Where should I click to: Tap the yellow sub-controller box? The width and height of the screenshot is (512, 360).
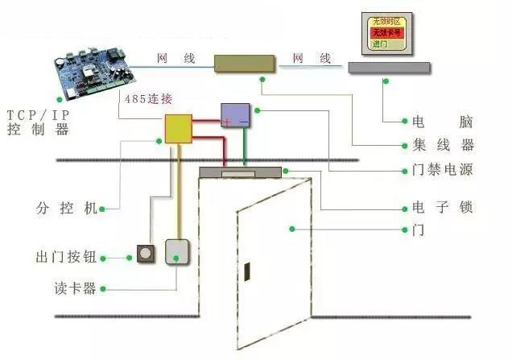click(179, 128)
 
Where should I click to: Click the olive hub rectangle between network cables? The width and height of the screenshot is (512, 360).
click(245, 63)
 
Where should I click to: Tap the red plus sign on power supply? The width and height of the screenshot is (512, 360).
click(227, 122)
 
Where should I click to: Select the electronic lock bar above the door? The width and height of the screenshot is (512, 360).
click(240, 172)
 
